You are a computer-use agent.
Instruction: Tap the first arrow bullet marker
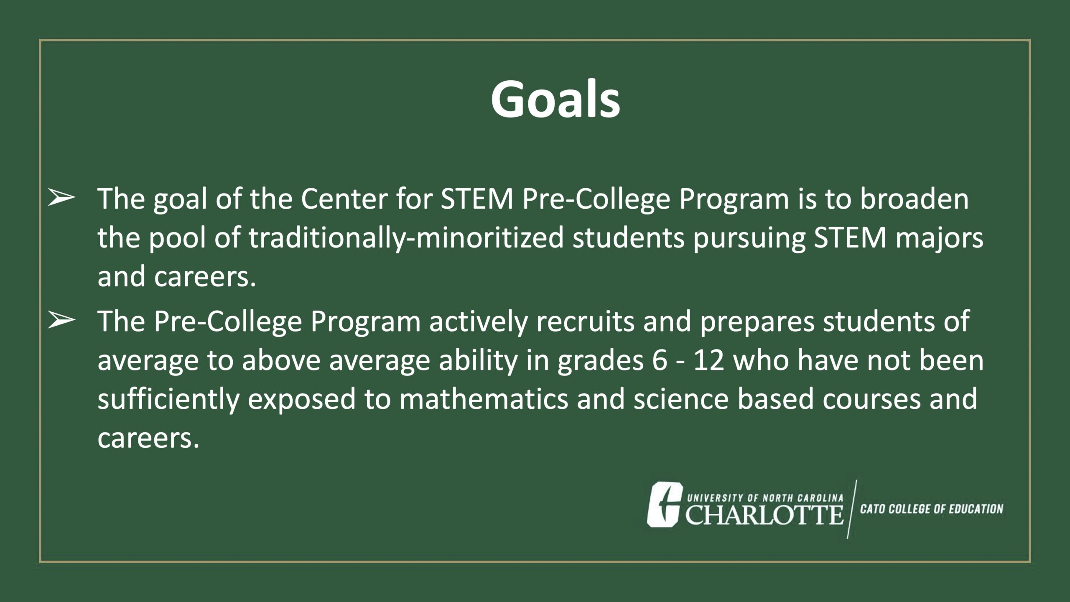click(x=61, y=198)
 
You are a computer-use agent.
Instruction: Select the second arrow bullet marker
click(x=61, y=321)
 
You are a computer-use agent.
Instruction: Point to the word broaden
click(x=914, y=199)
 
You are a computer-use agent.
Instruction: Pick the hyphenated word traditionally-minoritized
click(x=406, y=238)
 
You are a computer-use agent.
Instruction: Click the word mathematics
click(x=484, y=400)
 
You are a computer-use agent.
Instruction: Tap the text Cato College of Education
click(x=932, y=509)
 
